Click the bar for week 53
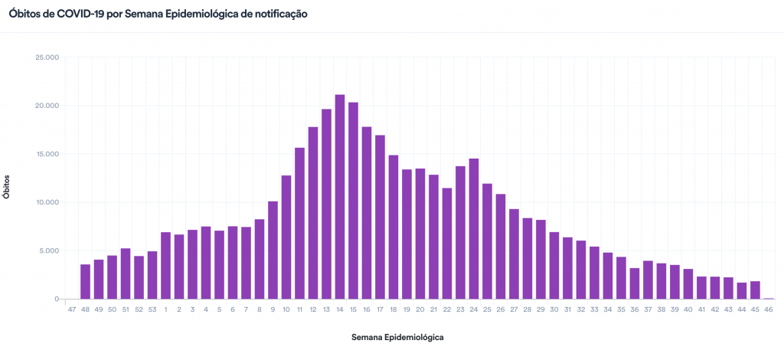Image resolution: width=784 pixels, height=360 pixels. point(152,275)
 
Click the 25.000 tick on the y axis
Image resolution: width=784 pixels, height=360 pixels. point(47,57)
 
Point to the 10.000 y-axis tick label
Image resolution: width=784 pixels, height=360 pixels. point(47,202)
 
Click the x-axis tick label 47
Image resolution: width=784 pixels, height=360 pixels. point(72,309)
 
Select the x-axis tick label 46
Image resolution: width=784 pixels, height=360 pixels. point(768,309)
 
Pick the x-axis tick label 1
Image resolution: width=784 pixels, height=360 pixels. point(165,309)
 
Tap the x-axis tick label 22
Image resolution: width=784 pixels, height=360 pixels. point(447,309)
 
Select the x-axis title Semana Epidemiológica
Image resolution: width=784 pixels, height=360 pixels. point(397,337)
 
